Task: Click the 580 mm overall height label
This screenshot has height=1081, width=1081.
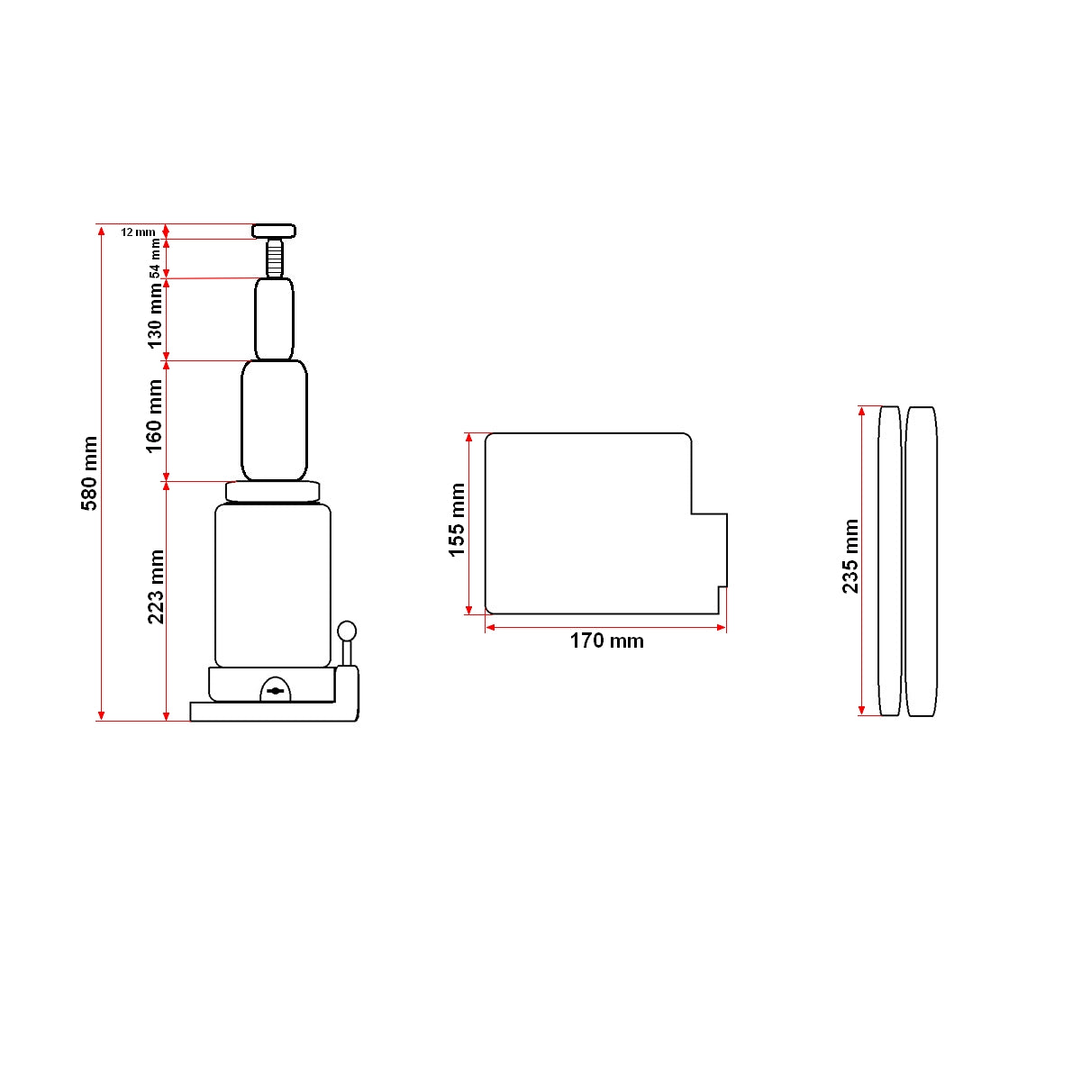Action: (x=90, y=474)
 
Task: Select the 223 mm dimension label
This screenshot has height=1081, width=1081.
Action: (x=156, y=586)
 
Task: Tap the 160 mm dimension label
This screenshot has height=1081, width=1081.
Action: (x=155, y=415)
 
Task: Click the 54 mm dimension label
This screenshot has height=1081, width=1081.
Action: (x=155, y=258)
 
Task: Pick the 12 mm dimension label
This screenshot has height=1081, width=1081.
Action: (x=138, y=232)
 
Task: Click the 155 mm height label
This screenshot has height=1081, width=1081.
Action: (x=458, y=520)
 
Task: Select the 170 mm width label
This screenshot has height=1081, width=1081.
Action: (x=606, y=641)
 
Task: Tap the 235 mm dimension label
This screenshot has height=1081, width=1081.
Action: (x=850, y=557)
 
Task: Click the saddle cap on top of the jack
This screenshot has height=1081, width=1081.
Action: (x=274, y=231)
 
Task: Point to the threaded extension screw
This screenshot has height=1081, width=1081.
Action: (x=274, y=258)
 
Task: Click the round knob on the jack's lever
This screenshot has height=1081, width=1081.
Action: (x=347, y=631)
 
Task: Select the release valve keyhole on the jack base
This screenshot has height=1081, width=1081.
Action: (x=276, y=691)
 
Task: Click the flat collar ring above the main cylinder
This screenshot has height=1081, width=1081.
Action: (x=273, y=492)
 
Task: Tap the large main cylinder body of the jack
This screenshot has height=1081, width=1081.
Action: (x=273, y=586)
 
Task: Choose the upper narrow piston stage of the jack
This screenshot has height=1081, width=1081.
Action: (x=274, y=319)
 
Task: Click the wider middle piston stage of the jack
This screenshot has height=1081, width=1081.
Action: (x=274, y=421)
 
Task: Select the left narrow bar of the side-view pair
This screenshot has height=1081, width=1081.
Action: (x=889, y=561)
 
